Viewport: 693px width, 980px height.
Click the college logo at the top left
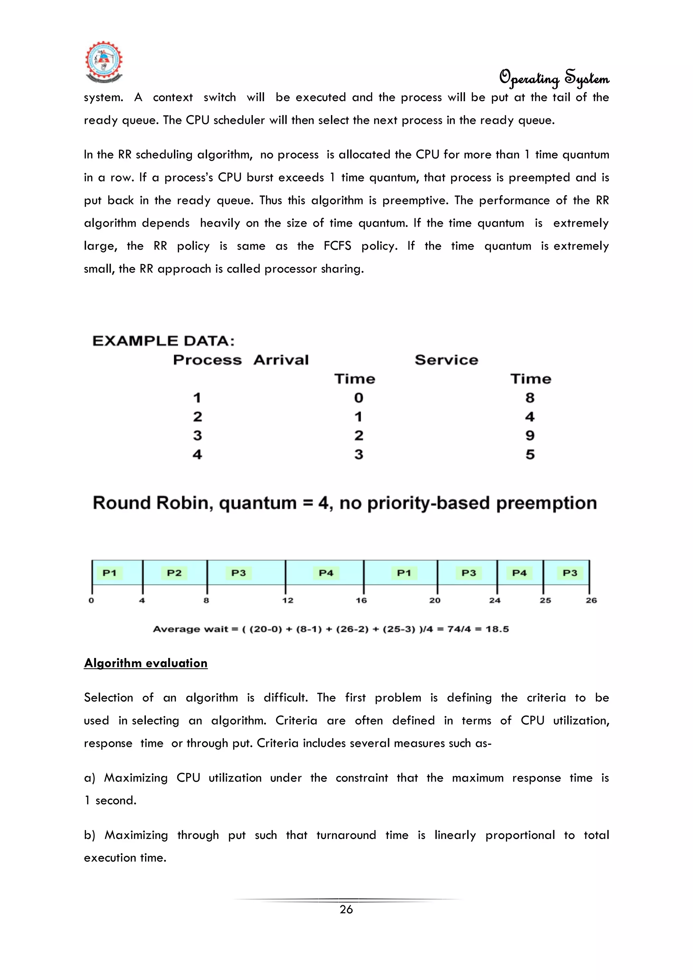tap(104, 62)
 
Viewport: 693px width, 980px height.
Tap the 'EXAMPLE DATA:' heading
tap(163, 341)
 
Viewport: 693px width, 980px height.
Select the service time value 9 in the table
tap(530, 435)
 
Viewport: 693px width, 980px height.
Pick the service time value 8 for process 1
tap(530, 398)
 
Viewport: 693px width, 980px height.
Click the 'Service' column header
tap(446, 360)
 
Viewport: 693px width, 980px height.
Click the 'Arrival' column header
tap(281, 360)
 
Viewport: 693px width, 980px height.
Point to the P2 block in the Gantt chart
tap(174, 573)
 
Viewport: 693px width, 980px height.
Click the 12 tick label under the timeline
tap(288, 600)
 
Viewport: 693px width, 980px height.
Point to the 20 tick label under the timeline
tap(435, 600)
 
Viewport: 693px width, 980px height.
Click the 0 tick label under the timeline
tap(91, 600)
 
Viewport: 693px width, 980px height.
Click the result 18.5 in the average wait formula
tap(497, 629)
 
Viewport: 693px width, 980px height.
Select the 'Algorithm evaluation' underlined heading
tap(146, 663)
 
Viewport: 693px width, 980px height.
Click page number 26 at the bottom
tap(346, 910)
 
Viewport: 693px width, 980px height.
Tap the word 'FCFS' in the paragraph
tap(337, 246)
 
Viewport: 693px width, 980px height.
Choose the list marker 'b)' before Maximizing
tap(90, 835)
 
